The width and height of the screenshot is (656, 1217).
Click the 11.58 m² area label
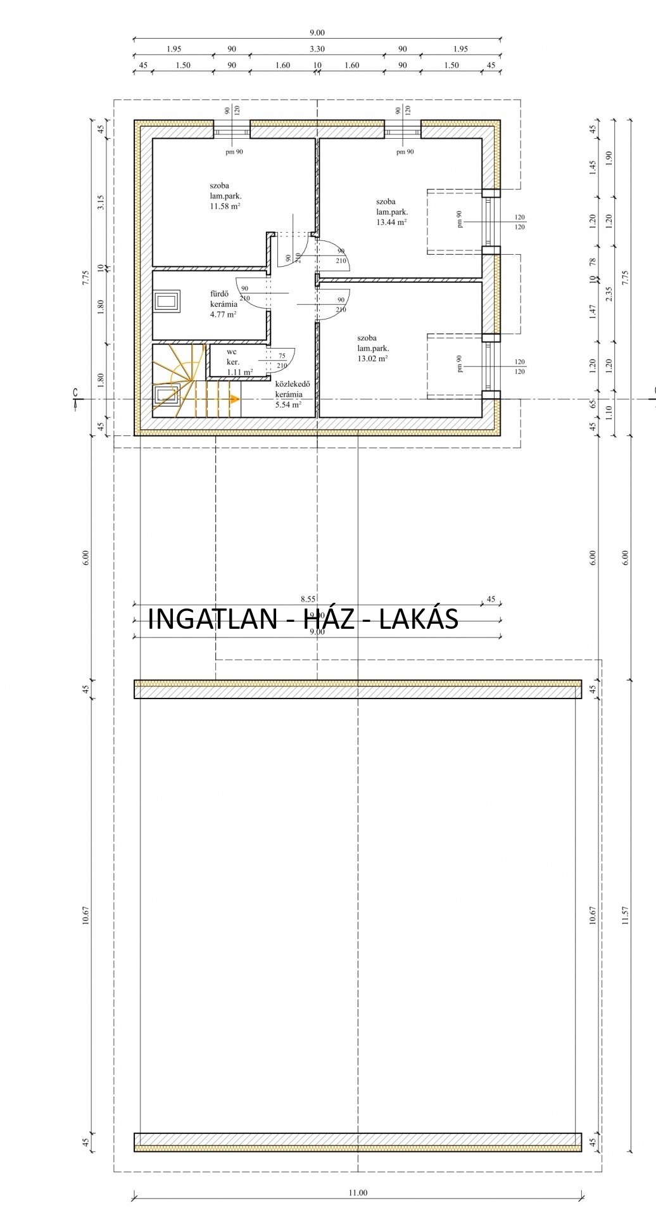[225, 207]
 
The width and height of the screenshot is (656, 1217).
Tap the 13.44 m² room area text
[391, 222]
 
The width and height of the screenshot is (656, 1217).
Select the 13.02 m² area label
[372, 359]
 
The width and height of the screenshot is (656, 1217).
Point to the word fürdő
[219, 293]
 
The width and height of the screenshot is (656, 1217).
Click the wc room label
[232, 352]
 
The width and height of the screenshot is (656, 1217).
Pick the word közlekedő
[293, 383]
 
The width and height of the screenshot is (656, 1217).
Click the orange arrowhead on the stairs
[235, 399]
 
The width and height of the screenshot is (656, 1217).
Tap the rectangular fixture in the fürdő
[167, 301]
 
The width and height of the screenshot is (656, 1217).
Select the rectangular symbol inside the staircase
[167, 396]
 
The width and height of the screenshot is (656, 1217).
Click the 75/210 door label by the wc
[282, 361]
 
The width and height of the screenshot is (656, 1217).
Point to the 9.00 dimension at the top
[317, 32]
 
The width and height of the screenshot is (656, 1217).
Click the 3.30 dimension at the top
[317, 49]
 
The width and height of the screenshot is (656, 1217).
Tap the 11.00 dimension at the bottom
[358, 1193]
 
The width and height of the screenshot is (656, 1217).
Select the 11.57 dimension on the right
[626, 915]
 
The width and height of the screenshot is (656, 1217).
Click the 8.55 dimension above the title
[308, 599]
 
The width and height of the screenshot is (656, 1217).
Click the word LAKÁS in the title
[419, 619]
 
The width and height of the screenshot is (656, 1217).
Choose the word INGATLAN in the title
[212, 619]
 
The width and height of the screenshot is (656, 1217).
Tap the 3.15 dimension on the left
[101, 203]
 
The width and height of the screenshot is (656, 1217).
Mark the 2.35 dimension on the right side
[609, 294]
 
